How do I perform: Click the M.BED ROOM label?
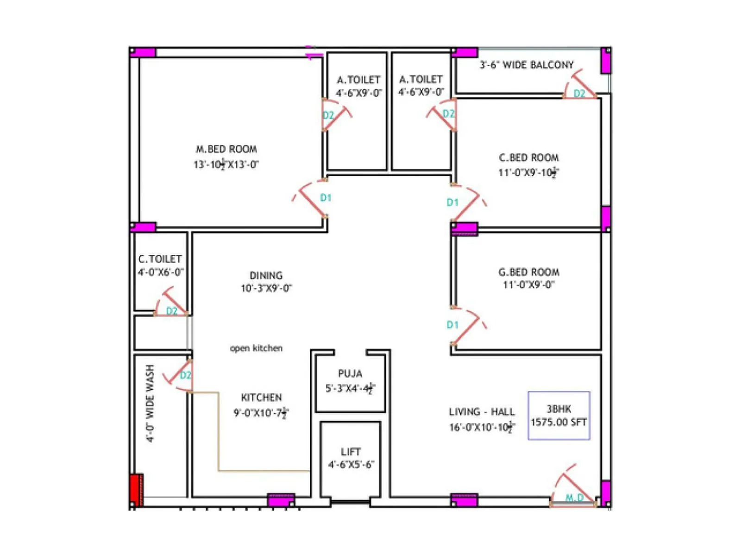(226, 149)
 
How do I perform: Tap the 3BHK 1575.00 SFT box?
(559, 416)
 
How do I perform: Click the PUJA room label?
(350, 373)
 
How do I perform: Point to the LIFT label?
(351, 452)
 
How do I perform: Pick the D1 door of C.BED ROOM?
(465, 202)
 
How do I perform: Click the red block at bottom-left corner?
(136, 489)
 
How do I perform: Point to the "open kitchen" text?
(256, 348)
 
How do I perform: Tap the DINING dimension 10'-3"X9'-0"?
(266, 288)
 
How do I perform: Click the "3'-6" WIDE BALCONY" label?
(527, 65)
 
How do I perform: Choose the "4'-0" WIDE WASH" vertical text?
(150, 403)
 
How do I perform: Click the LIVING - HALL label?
(482, 412)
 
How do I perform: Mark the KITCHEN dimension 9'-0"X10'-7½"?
(261, 413)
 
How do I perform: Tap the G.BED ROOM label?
(529, 272)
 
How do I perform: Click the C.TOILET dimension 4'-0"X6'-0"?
(161, 272)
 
